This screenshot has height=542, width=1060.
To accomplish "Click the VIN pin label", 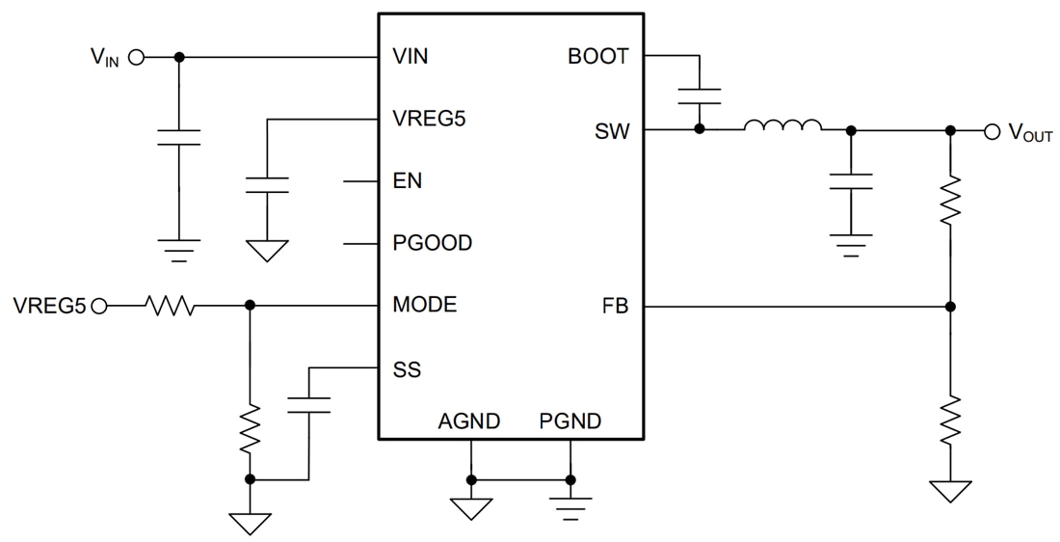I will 411,56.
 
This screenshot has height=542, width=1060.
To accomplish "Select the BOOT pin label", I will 597,56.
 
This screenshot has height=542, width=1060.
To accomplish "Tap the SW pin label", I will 612,131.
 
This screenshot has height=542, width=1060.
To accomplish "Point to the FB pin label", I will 615,307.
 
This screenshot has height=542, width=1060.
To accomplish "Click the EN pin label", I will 407,181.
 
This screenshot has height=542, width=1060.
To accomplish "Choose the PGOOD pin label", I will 433,243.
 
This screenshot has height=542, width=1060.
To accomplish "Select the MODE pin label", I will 425,306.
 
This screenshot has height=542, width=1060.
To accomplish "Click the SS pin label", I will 407,369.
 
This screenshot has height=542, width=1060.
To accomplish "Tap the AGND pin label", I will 469,421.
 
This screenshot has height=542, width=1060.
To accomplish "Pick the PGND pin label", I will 570,421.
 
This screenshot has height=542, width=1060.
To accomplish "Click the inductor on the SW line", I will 782,126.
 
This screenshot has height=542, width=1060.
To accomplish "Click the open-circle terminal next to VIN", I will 136,57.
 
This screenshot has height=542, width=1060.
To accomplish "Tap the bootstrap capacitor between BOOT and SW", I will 699,95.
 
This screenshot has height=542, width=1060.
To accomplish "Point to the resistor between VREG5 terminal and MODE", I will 170,307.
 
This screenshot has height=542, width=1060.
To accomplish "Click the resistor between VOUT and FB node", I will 950,200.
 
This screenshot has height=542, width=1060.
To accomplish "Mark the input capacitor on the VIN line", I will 178,136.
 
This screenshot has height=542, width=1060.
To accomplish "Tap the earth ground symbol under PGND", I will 570,506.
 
